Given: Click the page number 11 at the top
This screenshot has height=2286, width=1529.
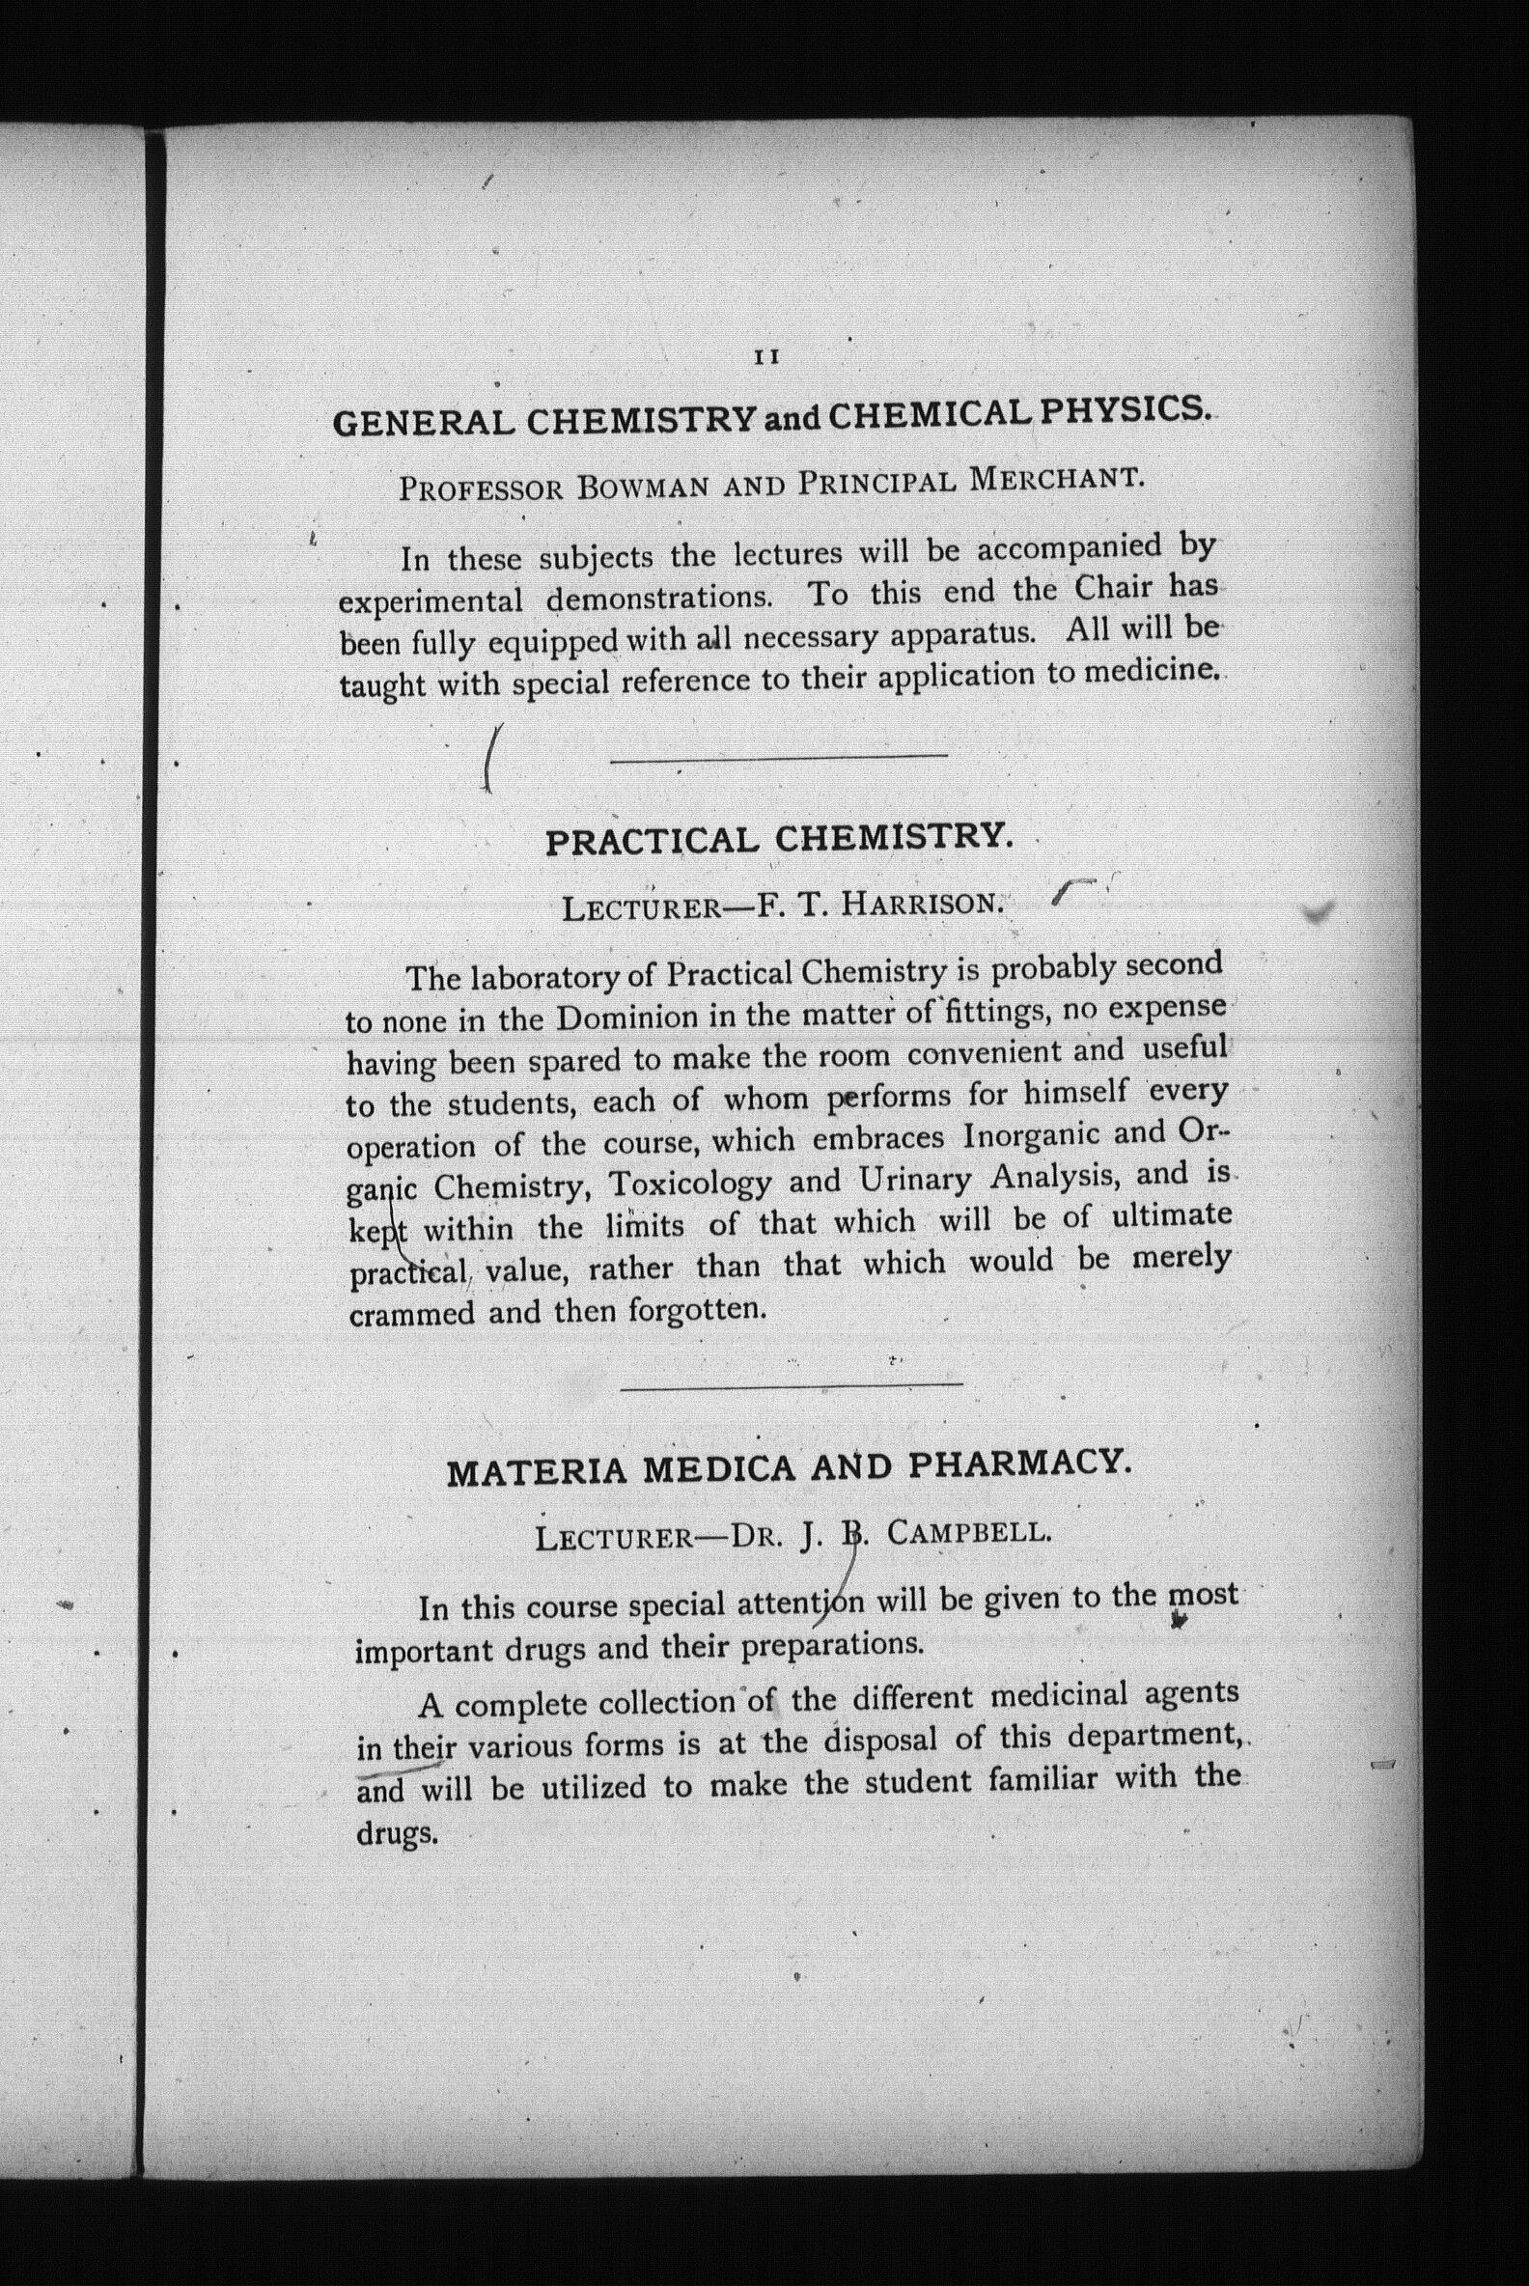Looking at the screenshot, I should click(x=766, y=357).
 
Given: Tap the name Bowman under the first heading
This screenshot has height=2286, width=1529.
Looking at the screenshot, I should click(x=643, y=485).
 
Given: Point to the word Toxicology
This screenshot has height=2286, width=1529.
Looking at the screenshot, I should click(x=689, y=1184).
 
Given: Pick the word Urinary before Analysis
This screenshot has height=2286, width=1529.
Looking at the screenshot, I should click(x=915, y=1180).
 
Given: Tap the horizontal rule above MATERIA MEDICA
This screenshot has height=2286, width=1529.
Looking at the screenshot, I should click(x=791, y=1384).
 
